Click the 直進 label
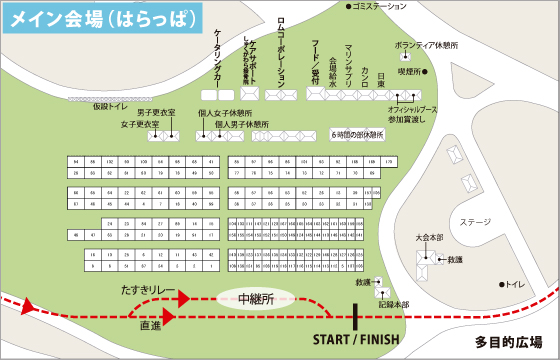[x=150, y=325]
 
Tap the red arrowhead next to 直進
[x=170, y=315]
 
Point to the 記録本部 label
[x=394, y=303]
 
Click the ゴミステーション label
[x=381, y=7]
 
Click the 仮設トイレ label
[x=109, y=103]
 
